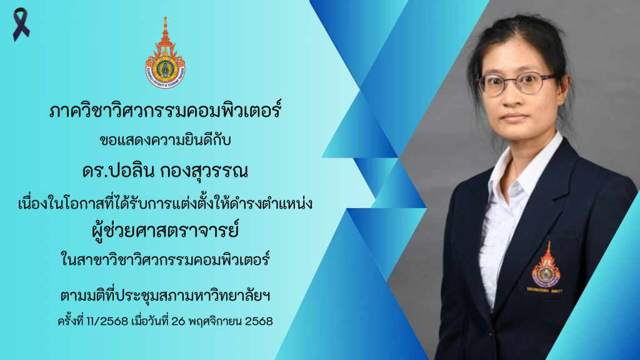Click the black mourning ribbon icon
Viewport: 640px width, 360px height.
tap(21, 24)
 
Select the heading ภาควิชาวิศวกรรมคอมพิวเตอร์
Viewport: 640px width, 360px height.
tap(165, 110)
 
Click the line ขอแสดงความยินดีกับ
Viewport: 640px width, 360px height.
tap(165, 141)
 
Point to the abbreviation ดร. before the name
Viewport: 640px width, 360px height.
tap(96, 171)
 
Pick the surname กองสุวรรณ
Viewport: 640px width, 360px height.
tap(204, 171)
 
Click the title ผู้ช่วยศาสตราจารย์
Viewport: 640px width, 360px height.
tap(165, 230)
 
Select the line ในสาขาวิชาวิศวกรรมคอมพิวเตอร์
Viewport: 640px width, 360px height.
tap(165, 260)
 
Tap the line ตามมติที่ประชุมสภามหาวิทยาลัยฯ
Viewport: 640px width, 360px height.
tap(165, 296)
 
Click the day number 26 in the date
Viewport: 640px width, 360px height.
tap(178, 322)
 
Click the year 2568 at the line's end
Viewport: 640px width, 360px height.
tap(259, 322)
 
